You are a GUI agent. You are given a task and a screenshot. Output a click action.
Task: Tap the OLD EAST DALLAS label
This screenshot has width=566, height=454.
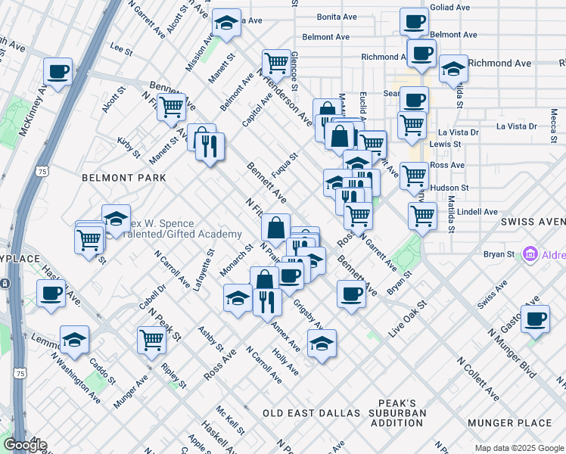(312, 413)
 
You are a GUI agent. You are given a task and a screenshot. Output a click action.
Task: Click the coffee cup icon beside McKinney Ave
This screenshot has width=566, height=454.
(58, 73)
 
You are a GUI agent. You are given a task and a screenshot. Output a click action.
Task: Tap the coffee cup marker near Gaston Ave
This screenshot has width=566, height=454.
(535, 319)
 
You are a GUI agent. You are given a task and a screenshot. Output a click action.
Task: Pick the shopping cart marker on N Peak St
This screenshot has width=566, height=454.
(152, 341)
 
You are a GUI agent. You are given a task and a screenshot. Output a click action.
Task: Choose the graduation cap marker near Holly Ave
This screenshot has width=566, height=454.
(322, 344)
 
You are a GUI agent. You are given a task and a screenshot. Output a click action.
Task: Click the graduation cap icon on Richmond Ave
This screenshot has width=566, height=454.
(453, 69)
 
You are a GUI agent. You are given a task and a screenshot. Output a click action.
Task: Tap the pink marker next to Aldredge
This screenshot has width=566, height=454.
(530, 255)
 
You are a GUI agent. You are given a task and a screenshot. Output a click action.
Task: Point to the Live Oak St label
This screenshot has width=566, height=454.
(408, 319)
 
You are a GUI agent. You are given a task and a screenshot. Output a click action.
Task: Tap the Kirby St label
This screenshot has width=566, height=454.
(128, 147)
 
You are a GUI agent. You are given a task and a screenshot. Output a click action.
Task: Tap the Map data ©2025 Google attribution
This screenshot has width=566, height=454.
(519, 448)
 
